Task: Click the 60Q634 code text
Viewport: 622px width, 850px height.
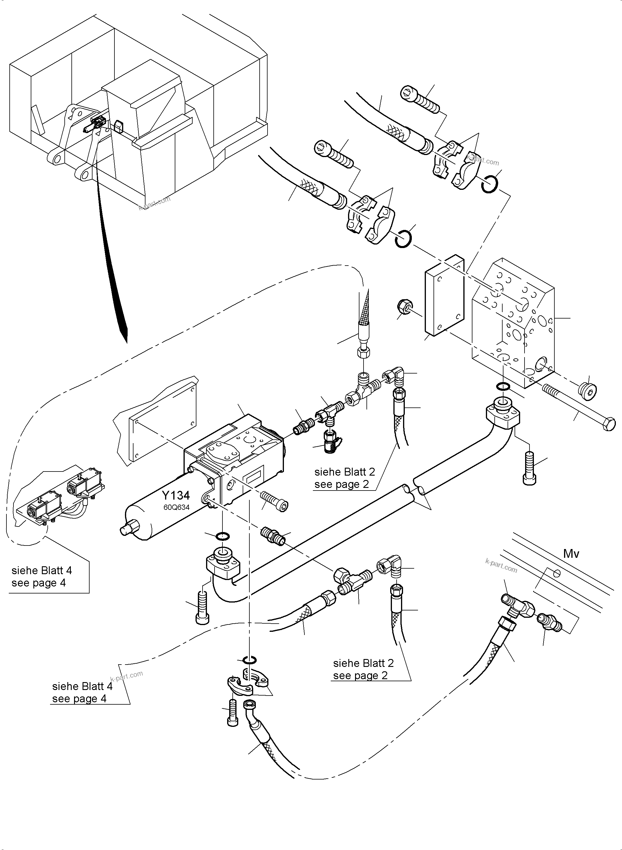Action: tap(176, 507)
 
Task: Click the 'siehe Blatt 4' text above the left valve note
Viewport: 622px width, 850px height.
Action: tap(41, 570)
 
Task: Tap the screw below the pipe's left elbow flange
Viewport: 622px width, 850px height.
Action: tap(202, 607)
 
